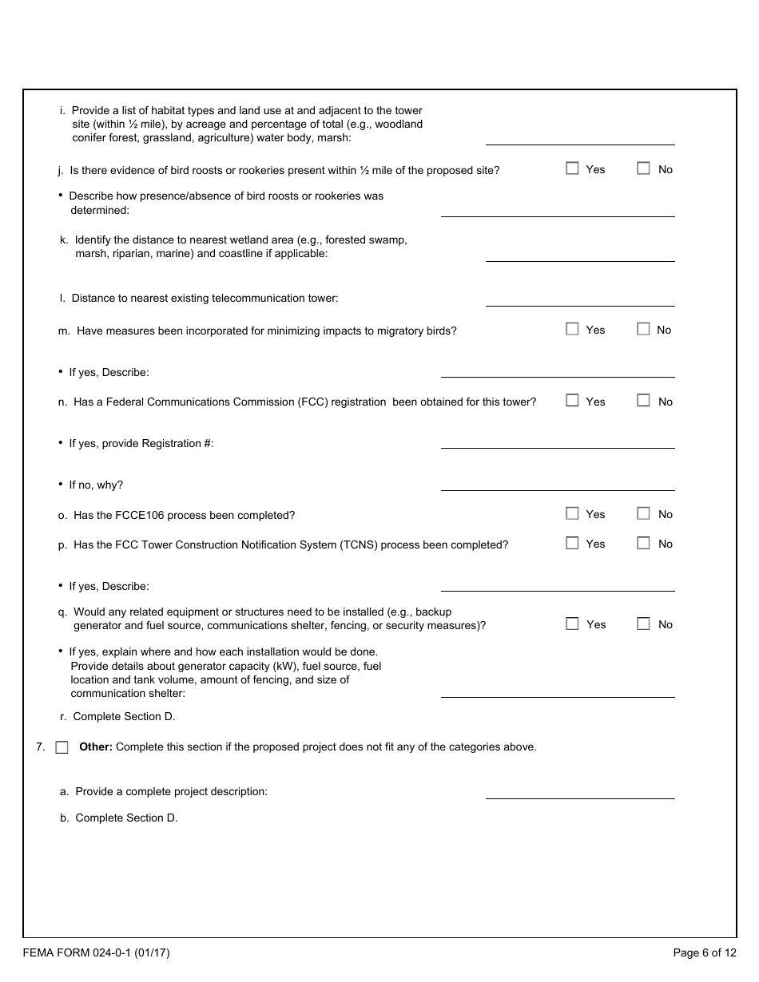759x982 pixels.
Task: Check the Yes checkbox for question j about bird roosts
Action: tap(572, 168)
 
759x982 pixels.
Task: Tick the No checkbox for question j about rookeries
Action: tap(643, 168)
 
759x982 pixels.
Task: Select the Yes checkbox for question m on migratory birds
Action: tap(572, 329)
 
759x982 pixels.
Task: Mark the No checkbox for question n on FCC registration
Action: tap(643, 401)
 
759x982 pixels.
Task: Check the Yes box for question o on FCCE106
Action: tap(572, 513)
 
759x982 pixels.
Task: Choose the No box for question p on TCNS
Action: tap(643, 543)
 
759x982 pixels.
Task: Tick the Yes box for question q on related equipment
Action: tap(572, 624)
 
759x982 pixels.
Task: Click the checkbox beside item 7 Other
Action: tap(62, 747)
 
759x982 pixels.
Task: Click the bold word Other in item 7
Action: tap(95, 747)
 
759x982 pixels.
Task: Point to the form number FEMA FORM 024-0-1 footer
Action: tap(96, 952)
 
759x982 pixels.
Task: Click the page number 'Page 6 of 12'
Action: tap(705, 952)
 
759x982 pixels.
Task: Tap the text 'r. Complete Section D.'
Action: tap(117, 717)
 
